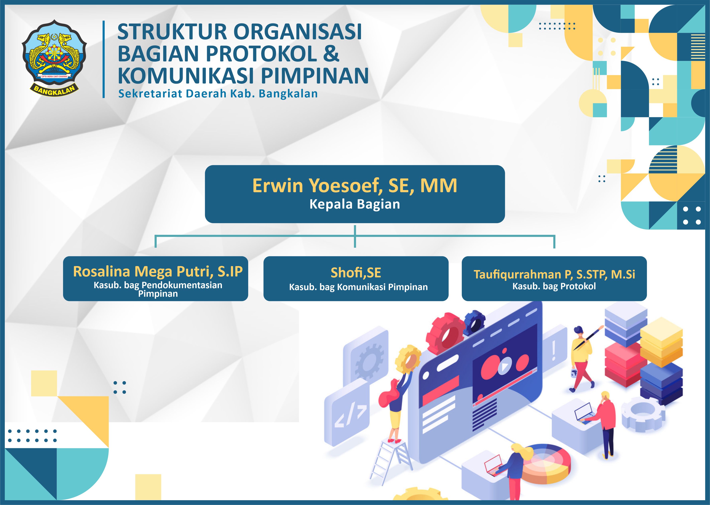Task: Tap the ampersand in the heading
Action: [332, 54]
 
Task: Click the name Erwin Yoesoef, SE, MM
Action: [355, 186]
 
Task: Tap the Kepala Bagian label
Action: [355, 204]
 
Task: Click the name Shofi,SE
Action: [356, 273]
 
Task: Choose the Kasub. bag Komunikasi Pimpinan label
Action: [358, 287]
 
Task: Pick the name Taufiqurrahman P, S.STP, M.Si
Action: [554, 274]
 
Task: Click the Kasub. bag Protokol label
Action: [554, 286]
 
